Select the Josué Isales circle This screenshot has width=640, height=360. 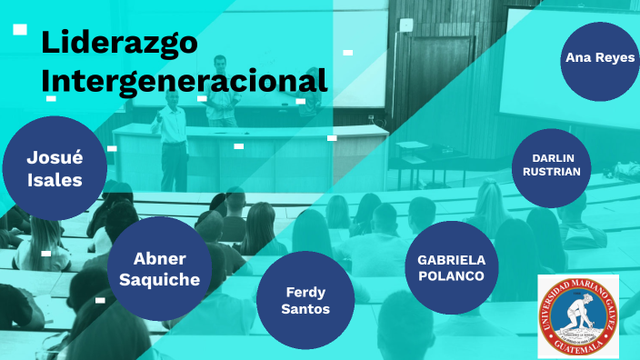pyautogui.click(x=54, y=168)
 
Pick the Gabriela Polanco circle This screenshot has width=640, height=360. pyautogui.click(x=452, y=267)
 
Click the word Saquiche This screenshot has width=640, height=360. pyautogui.click(x=166, y=279)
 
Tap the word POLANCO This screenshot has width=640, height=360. pyautogui.click(x=452, y=276)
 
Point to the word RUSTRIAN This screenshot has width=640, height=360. pyautogui.click(x=552, y=173)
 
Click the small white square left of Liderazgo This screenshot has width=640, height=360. pyautogui.click(x=20, y=30)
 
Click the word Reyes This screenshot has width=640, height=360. pyautogui.click(x=616, y=57)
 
